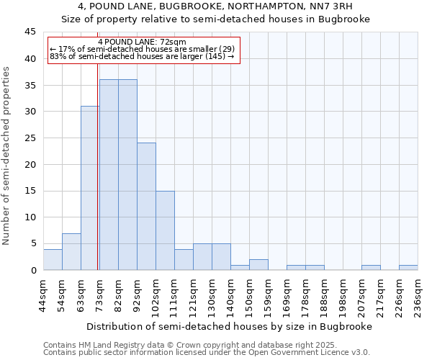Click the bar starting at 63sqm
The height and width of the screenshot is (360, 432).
tap(90, 188)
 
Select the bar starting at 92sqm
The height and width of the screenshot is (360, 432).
tap(146, 207)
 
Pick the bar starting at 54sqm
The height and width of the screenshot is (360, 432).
tap(71, 251)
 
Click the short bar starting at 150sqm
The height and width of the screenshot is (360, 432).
tap(258, 264)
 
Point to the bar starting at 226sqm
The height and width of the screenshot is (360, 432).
tap(408, 267)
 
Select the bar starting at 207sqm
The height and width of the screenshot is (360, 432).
tap(371, 267)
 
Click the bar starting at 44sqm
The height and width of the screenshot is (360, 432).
tap(53, 259)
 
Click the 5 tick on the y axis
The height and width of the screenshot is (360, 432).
tap(33, 243)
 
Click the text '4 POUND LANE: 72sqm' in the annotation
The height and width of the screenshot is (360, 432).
tap(142, 42)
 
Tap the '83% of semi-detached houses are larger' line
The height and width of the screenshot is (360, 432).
tap(142, 56)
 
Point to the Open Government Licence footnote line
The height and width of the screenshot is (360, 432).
tap(207, 352)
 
